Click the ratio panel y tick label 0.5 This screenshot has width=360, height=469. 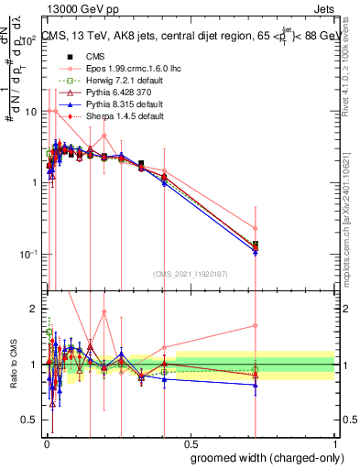click(x=31, y=420)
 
